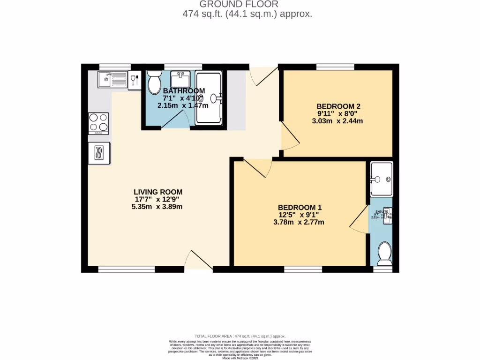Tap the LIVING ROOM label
coord(158,192)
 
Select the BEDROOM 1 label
coord(300,207)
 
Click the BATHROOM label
coord(184,90)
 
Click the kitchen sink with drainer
coord(112,79)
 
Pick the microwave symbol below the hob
coord(99,153)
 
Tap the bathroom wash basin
coord(180,77)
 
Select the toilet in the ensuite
coord(384,253)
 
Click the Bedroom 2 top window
coord(335,67)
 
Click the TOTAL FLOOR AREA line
coord(240,336)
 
